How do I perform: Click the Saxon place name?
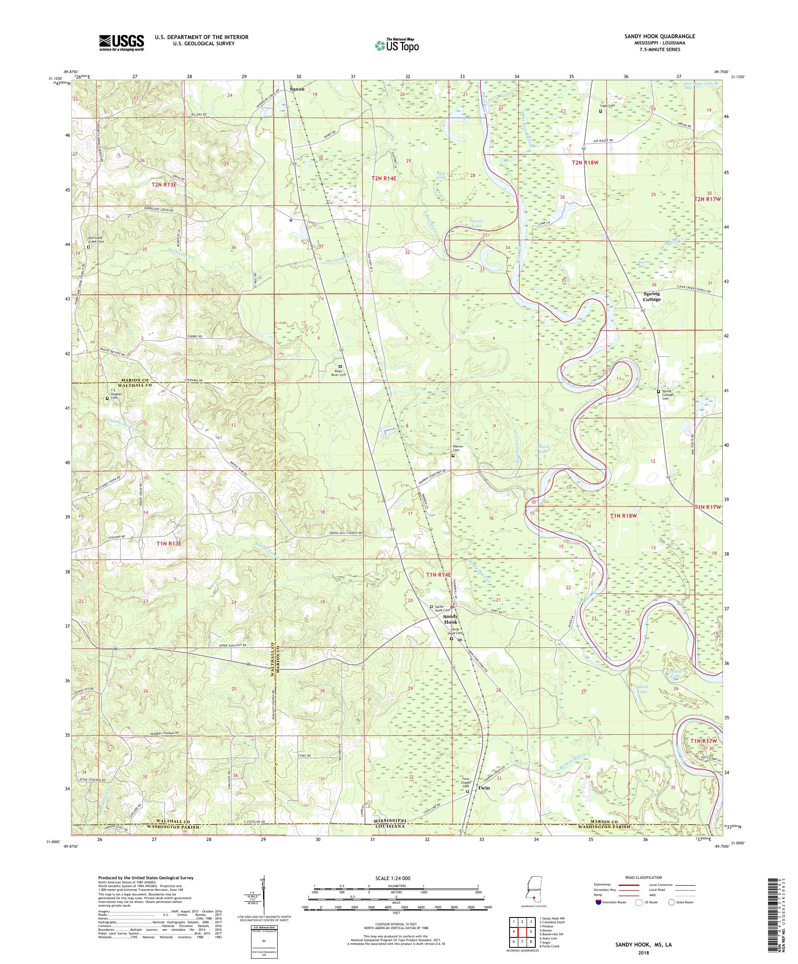(297, 89)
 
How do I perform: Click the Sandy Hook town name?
(451, 619)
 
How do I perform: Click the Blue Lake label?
(441, 175)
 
